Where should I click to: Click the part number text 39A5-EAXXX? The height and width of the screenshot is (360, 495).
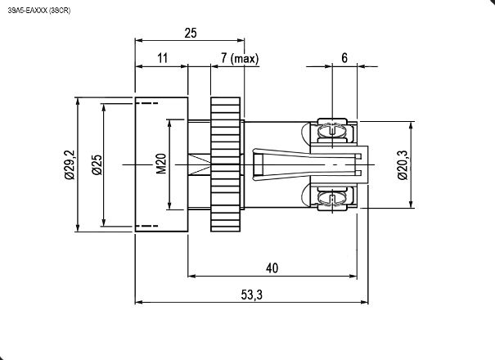click(x=28, y=11)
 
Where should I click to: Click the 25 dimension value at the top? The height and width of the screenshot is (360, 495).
click(x=191, y=34)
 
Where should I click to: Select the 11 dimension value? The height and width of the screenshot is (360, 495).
click(x=162, y=58)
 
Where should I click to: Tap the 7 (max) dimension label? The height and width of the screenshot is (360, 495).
click(x=240, y=58)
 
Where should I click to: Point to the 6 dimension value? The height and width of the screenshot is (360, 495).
click(x=344, y=58)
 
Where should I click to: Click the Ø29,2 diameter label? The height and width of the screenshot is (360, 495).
click(x=70, y=164)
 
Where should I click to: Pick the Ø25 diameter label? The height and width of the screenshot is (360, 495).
click(x=97, y=164)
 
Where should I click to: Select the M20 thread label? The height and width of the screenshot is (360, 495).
click(x=161, y=164)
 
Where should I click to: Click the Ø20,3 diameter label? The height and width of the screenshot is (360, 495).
click(x=403, y=164)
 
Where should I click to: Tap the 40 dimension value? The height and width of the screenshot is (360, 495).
click(x=272, y=268)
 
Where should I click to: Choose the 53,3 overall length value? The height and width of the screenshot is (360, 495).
click(x=252, y=295)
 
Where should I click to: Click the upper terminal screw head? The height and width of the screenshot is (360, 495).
click(x=331, y=130)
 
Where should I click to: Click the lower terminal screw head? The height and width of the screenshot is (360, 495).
click(x=331, y=199)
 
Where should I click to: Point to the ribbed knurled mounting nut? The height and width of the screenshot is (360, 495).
click(x=225, y=164)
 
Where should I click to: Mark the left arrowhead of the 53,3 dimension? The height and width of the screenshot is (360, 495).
click(x=139, y=302)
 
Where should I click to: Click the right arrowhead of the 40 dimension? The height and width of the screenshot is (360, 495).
click(x=353, y=276)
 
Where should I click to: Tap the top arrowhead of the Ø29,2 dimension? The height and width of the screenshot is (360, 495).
click(x=78, y=101)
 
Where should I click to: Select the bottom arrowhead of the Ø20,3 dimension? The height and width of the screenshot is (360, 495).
click(x=411, y=204)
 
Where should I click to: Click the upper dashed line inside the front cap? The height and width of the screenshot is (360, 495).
click(x=146, y=103)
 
